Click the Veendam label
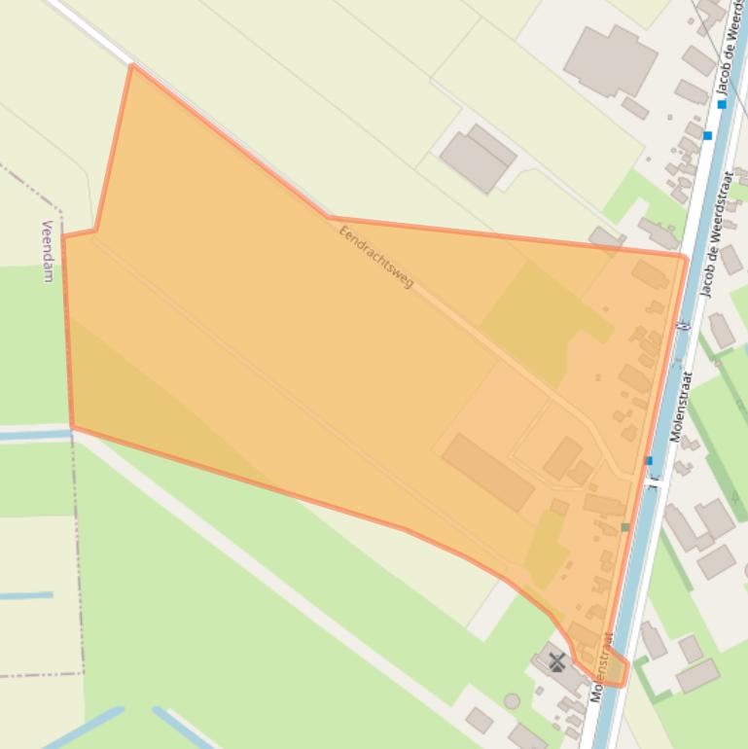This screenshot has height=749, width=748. pyautogui.click(x=47, y=251)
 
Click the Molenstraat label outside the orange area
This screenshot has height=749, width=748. pyautogui.click(x=680, y=405)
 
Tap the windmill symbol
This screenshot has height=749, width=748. pyautogui.click(x=556, y=662)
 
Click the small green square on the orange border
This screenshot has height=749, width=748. pyautogui.click(x=624, y=527)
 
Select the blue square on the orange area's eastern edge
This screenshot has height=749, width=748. pyautogui.click(x=648, y=460)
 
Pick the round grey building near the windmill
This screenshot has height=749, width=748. pyautogui.click(x=512, y=700)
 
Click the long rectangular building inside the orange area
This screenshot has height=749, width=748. pyautogui.click(x=488, y=472)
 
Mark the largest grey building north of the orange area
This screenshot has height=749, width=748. pyautogui.click(x=609, y=60)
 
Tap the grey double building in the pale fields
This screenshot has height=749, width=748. pyautogui.click(x=477, y=157)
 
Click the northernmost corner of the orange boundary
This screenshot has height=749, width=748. pyautogui.click(x=131, y=66)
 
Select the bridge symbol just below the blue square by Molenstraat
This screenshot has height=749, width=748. pyautogui.click(x=654, y=480)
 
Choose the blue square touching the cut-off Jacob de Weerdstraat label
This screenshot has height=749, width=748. pyautogui.click(x=722, y=103)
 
